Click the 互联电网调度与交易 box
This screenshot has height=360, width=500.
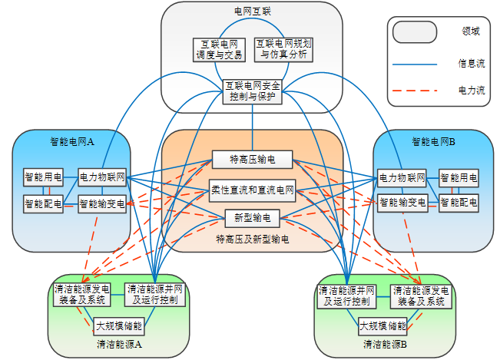coord(219,49)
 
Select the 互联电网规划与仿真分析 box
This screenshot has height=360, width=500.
coord(285,49)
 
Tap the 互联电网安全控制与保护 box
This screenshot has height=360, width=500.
coord(253,91)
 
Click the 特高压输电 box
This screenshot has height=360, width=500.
coord(253,160)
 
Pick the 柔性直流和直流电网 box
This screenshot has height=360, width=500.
coord(253,189)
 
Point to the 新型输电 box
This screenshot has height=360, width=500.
coord(253,217)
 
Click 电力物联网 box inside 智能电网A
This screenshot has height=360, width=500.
coord(102,178)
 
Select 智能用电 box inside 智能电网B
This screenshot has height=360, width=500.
coord(458,178)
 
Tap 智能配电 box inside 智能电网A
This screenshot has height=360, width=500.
coord(43,203)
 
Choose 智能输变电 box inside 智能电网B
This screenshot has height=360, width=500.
coord(401,203)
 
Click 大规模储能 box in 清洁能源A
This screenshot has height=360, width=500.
coord(119,326)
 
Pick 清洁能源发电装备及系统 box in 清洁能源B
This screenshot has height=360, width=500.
coord(421,296)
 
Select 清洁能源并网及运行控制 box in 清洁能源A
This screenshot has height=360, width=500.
coord(155,295)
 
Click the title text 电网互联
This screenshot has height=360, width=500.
coord(253,12)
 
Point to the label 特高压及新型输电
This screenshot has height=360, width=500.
coord(253,240)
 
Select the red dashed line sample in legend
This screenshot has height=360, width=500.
coord(415,91)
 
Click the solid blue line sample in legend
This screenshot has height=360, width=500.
coord(415,63)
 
